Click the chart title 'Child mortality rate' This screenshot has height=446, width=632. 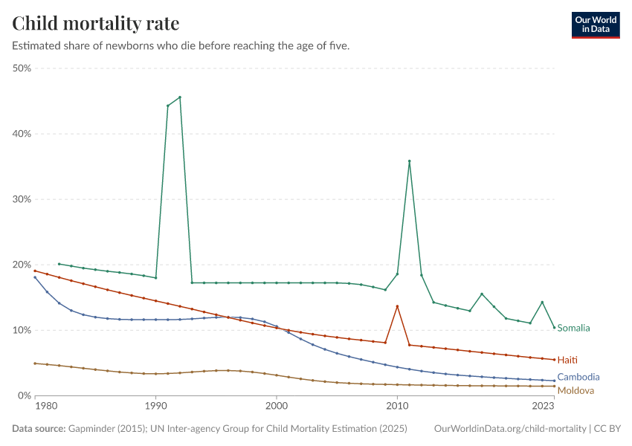(96, 23)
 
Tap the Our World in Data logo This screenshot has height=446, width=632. (595, 25)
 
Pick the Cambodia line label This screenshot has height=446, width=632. (578, 377)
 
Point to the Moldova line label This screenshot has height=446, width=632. (575, 390)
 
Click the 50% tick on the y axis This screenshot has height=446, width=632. (21, 68)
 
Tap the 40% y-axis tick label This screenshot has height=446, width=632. (21, 134)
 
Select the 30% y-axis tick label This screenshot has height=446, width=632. (21, 199)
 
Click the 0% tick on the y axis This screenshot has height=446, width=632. (24, 395)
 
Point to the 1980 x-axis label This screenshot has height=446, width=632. (46, 407)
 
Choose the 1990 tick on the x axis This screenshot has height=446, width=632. (155, 407)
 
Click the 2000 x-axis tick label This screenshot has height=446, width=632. (277, 407)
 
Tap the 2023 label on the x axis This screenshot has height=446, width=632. (544, 407)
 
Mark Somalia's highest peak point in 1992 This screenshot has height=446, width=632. (180, 97)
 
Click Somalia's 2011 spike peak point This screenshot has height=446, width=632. (409, 161)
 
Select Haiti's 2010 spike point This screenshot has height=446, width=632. (397, 306)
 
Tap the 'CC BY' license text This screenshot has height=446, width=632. (607, 429)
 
